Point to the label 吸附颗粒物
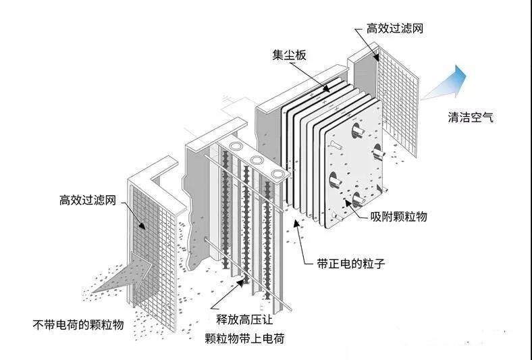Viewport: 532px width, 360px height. click(x=399, y=217)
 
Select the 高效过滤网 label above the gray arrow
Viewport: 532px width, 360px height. click(x=88, y=201)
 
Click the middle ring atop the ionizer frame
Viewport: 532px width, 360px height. click(x=257, y=160)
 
